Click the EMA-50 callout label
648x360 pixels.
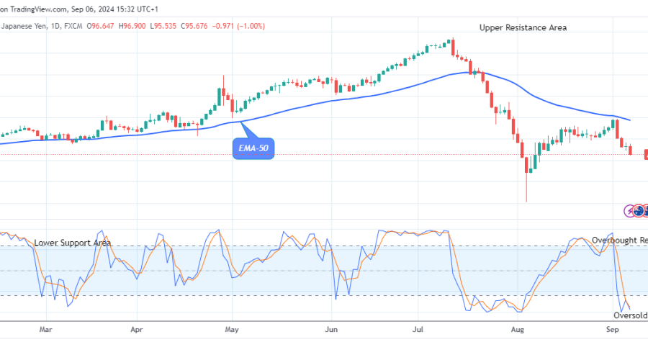[x=254, y=149]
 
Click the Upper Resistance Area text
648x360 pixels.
[x=523, y=27]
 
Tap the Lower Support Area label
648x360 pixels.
[x=72, y=243]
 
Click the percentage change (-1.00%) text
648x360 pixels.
[x=251, y=26]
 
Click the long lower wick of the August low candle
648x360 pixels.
[x=526, y=189]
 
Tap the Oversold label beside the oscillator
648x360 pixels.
[x=630, y=315]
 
